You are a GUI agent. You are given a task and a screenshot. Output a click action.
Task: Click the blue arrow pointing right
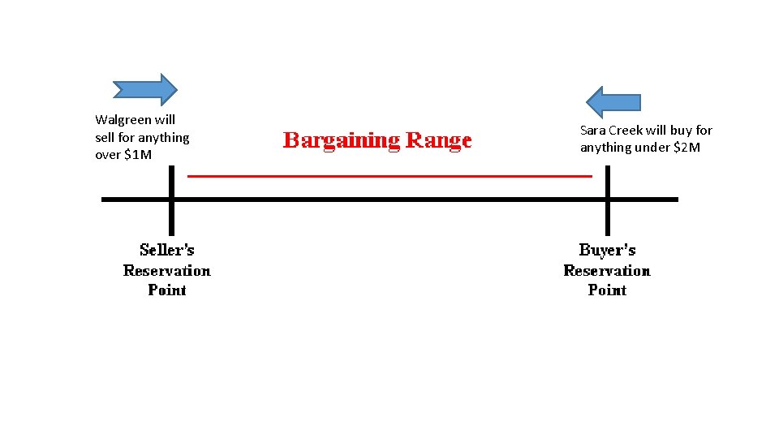click(145, 90)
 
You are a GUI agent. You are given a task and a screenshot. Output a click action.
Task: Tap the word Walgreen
click(123, 120)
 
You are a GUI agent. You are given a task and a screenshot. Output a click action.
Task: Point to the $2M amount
click(686, 148)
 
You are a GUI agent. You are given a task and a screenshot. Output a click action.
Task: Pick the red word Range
click(438, 141)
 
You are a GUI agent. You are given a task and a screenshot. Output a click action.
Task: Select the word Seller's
click(167, 250)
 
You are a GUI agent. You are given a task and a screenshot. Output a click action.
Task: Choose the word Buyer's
click(607, 250)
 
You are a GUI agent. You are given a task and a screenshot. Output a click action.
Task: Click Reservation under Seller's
click(167, 270)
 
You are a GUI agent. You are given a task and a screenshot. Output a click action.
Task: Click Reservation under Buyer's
click(607, 270)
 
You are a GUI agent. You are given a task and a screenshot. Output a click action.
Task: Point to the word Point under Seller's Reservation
click(167, 290)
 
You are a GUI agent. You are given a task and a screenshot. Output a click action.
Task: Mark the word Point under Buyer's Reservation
click(607, 290)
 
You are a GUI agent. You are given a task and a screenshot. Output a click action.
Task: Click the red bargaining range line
click(389, 175)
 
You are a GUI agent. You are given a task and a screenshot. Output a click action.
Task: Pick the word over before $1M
click(107, 155)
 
